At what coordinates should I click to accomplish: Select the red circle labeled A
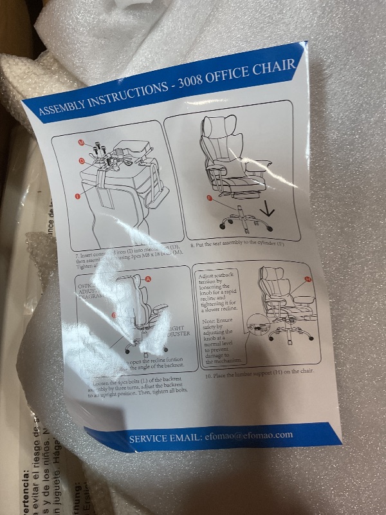tap(149, 279)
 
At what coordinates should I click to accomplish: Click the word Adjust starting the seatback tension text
tap(212, 274)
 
